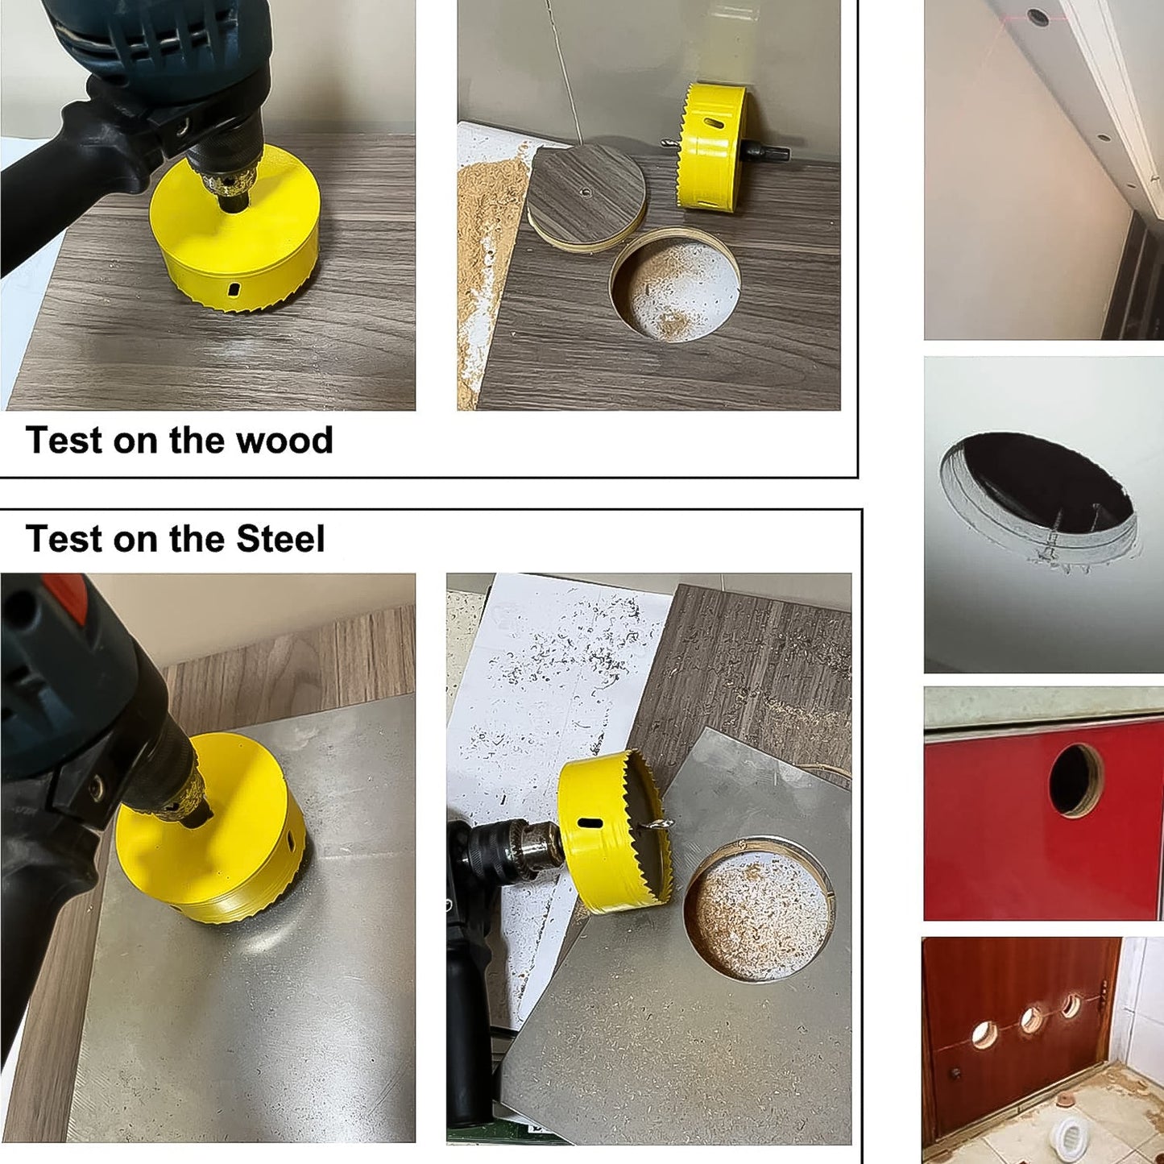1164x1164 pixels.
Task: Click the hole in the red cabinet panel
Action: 1076,779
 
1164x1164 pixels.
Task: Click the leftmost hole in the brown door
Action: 984,1034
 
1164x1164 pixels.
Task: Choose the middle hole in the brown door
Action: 1031,1019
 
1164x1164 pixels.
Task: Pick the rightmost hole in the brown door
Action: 1071,1005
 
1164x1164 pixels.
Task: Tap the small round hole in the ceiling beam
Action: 1038,15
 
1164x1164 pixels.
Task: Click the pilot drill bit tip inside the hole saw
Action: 661,824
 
